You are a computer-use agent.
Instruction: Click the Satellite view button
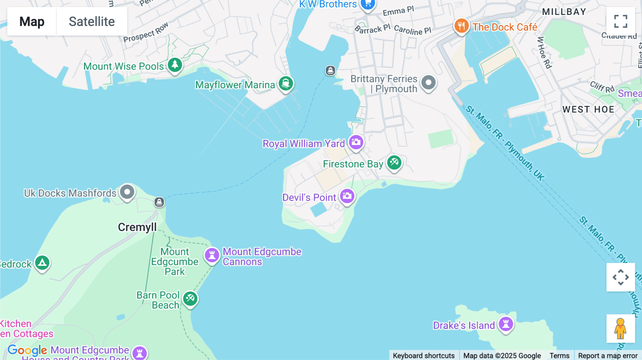[x=92, y=21]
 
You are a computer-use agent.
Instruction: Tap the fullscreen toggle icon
[x=621, y=21]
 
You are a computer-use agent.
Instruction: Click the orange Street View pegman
[x=620, y=328]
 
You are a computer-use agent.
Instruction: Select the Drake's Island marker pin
[x=506, y=324]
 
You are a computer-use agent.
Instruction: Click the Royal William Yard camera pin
[x=356, y=142]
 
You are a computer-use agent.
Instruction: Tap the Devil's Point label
[x=309, y=197]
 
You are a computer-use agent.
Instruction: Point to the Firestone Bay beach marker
[x=394, y=163]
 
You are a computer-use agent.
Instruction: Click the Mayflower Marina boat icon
[x=286, y=84]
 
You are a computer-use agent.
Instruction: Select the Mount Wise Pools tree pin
[x=175, y=65]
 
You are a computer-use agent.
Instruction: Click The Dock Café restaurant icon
[x=461, y=26]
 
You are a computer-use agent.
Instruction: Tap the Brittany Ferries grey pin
[x=428, y=83]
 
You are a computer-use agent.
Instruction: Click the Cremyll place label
[x=137, y=227]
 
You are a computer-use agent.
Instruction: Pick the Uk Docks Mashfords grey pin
[x=127, y=192]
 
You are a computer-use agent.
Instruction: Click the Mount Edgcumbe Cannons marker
[x=212, y=256]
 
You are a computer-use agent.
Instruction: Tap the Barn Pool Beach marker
[x=190, y=298]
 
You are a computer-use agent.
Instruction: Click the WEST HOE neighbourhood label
[x=588, y=109]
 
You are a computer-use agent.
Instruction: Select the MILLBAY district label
[x=564, y=12]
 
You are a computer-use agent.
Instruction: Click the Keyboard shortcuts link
[x=423, y=355]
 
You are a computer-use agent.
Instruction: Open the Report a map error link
[x=607, y=355]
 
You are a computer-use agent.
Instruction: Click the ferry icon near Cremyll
[x=159, y=202]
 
